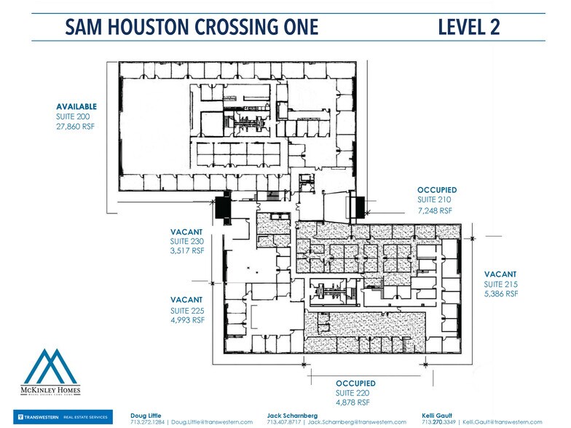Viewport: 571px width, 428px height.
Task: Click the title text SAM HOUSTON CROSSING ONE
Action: tap(192, 28)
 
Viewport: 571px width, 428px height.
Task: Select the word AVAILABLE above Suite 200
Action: tap(76, 107)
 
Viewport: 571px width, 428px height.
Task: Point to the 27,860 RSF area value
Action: tap(76, 126)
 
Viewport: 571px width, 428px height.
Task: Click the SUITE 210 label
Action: tap(435, 199)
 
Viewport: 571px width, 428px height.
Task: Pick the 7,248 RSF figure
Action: tap(435, 210)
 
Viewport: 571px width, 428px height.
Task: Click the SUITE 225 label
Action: tap(188, 310)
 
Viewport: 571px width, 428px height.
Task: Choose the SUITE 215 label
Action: tap(501, 284)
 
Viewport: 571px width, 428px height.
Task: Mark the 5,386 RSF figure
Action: tap(501, 294)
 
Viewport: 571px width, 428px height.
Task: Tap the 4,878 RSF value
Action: tap(353, 402)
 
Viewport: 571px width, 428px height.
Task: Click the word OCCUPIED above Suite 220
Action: tap(355, 383)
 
